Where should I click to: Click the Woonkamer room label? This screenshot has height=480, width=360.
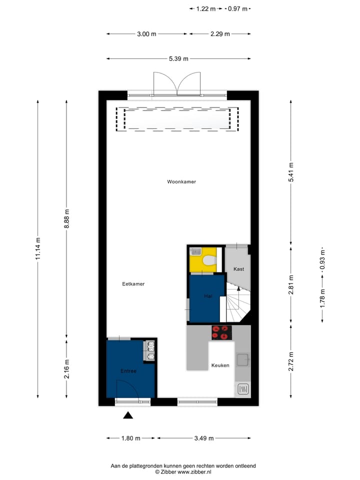coord(181,182)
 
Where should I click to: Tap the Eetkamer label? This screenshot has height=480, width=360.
coord(133,284)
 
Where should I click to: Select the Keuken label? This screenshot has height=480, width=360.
coord(220,365)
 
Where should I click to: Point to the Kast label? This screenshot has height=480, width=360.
coord(239,269)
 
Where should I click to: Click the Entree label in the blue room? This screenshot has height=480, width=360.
coord(128,371)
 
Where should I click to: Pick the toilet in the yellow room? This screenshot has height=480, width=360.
coord(209,259)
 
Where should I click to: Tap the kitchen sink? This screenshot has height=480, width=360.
coord(243,359)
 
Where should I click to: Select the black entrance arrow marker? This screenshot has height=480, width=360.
coord(128,414)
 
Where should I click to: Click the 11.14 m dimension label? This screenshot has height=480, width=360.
coord(38,248)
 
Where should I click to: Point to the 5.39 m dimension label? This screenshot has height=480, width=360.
coord(178,59)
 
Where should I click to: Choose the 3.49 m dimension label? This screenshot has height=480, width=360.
coord(203,438)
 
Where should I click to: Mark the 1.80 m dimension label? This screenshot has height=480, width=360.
coord(131,438)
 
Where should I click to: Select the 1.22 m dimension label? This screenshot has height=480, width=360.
coord(206,8)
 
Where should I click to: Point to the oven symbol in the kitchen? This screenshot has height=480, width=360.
coord(243,389)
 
